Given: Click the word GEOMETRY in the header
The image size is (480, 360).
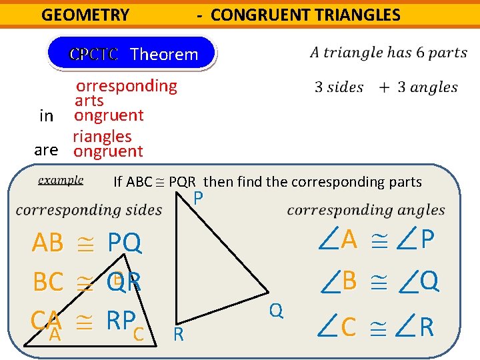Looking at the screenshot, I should (85, 15).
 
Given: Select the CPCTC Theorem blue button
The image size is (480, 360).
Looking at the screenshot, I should (133, 54).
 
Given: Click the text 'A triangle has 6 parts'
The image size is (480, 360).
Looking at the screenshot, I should (389, 53).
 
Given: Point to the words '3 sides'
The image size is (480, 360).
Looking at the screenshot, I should (339, 87).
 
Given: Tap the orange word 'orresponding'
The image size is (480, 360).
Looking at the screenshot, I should (127, 86).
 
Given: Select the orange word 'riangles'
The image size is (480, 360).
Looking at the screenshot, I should (103, 137).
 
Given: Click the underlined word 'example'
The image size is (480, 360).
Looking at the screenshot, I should (61, 180).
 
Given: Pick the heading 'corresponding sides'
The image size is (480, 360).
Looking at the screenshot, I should (89, 211).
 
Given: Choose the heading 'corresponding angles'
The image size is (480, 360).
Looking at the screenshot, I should (366, 211).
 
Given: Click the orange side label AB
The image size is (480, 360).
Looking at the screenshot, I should (47, 244).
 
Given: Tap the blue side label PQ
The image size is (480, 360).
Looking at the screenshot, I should (125, 244).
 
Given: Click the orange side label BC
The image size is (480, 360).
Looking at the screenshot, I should (48, 283).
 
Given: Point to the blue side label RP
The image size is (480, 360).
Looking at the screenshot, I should (124, 321).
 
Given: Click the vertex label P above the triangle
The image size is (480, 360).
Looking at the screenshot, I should (198, 197).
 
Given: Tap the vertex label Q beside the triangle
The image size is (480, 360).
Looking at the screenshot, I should (276, 309).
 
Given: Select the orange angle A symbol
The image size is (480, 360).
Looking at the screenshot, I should (339, 239).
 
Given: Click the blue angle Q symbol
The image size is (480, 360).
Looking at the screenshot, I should (419, 282).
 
